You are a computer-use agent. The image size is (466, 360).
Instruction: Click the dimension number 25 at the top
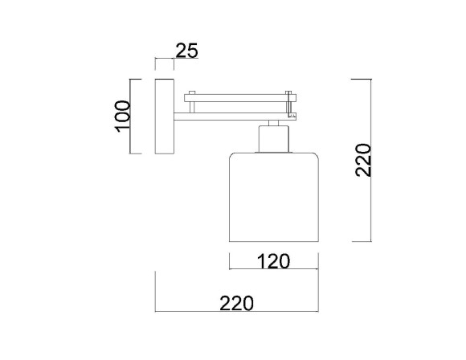pyautogui.click(x=186, y=51)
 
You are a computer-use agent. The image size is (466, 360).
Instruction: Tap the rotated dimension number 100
pyautogui.click(x=122, y=117)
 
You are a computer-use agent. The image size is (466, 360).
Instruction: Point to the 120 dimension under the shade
pyautogui.click(x=272, y=261)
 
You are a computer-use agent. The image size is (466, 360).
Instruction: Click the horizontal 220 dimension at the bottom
pyautogui.click(x=236, y=303)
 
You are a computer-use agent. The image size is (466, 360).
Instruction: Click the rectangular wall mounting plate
pyautogui.click(x=165, y=117)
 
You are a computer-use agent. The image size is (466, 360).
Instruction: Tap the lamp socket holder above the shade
pyautogui.click(x=273, y=139)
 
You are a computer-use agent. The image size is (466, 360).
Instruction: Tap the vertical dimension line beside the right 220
pyautogui.click(x=370, y=160)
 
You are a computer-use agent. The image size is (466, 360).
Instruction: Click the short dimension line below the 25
pyautogui.click(x=165, y=60)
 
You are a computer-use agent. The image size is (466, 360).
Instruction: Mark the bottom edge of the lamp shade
pyautogui.click(x=274, y=240)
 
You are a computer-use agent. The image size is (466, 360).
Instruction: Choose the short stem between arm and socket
pyautogui.click(x=273, y=122)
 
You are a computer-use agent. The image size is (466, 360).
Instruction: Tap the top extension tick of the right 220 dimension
pyautogui.click(x=362, y=79)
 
